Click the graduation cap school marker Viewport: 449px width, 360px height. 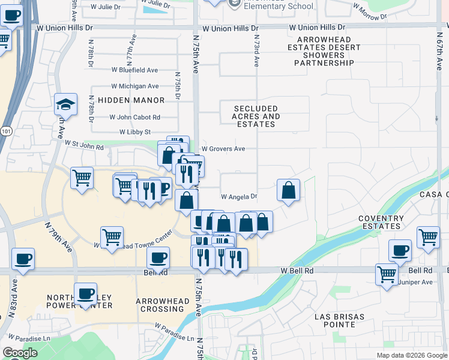65,105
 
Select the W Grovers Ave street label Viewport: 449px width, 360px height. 223,149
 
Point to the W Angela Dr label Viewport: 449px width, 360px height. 239,197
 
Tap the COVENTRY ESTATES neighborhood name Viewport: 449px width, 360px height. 380,222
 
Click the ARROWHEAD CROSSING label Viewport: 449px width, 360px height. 160,305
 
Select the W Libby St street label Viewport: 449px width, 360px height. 135,132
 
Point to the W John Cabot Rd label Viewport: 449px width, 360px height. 135,118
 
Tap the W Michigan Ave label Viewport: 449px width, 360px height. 135,86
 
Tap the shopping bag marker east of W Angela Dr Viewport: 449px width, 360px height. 289,190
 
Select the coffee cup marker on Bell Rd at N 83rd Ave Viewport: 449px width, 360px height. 23,259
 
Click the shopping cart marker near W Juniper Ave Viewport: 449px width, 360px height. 387,274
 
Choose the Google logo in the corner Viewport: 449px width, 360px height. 20,353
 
